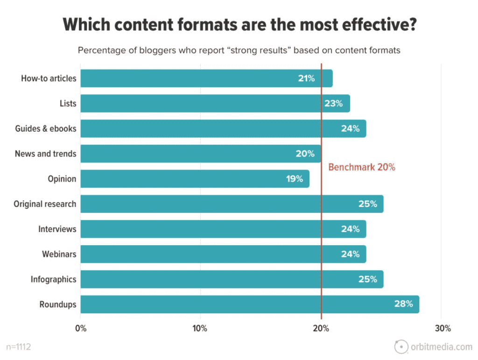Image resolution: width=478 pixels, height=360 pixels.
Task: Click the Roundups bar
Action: point(250,304)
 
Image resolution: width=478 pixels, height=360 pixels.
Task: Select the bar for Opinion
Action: point(195,179)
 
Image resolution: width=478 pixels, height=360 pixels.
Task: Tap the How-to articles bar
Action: point(206,78)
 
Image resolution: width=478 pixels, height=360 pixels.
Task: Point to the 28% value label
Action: point(403,304)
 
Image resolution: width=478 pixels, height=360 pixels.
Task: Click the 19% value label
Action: point(295,179)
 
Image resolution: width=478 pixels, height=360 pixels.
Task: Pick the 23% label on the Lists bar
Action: point(334,104)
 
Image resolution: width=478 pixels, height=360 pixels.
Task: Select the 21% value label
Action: point(306,78)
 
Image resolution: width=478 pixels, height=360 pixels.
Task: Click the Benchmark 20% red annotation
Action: point(362,167)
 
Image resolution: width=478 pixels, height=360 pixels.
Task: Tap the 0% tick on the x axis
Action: point(81,328)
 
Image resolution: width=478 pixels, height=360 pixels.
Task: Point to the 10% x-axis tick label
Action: point(200,328)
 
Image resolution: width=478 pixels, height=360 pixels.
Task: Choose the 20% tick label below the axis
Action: point(321,328)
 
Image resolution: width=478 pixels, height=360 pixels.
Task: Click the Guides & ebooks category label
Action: point(46,128)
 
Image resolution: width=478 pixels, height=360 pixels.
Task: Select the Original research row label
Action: point(45,204)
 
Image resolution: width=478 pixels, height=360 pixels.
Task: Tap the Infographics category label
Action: point(53,279)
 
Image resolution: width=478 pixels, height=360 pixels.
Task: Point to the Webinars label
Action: point(59,254)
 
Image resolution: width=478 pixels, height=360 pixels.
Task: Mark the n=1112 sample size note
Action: point(19,347)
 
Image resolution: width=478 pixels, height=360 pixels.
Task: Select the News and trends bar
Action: point(201,154)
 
